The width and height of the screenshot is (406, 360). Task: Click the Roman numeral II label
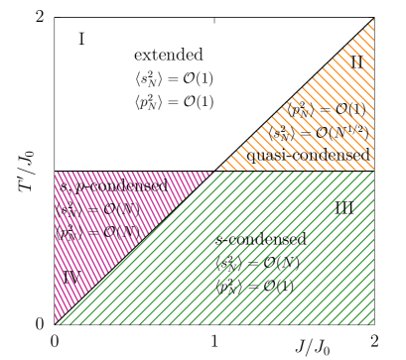coord(356,62)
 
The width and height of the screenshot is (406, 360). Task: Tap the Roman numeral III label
coord(343,208)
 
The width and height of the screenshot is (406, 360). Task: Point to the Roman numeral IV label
coord(70,277)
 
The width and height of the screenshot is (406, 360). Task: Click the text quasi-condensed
coord(308,155)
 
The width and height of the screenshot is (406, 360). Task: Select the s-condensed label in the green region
coord(261,240)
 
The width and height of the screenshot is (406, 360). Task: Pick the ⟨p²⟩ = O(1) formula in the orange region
coord(328,110)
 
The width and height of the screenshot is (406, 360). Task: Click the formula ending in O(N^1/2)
coord(318,132)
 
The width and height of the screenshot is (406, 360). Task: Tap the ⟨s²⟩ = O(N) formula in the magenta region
coord(95,209)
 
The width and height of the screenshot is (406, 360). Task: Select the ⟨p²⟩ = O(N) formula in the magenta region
coord(96,232)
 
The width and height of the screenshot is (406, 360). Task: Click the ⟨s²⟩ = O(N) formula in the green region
coord(257,263)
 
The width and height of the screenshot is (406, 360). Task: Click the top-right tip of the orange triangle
coord(373,20)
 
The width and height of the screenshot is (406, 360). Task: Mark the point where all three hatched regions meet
coord(213,171)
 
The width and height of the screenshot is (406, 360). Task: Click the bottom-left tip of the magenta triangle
coord(56,322)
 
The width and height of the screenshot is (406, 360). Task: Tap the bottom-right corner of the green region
coord(373,323)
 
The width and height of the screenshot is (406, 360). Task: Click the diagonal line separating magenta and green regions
coord(134,248)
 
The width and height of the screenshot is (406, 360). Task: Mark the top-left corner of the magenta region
coord(56,172)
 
